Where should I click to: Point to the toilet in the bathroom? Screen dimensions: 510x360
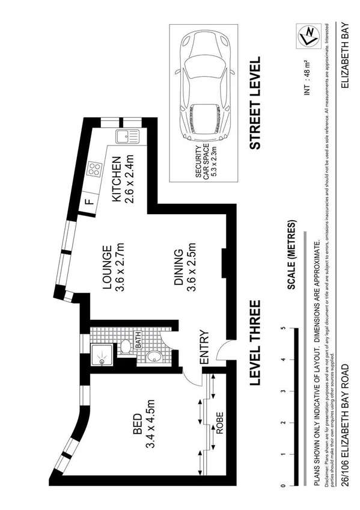click(126, 347)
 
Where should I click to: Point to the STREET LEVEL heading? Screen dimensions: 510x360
click(255, 103)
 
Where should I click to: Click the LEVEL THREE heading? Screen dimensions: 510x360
click(255, 343)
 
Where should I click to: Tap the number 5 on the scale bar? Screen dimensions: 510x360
click(282, 328)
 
